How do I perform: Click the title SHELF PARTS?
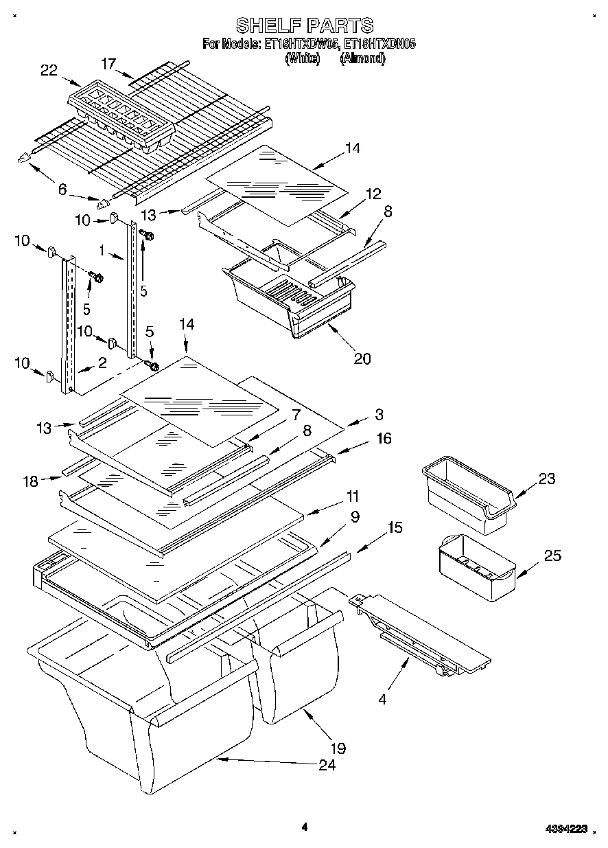(x=304, y=25)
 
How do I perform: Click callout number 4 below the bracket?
(x=382, y=701)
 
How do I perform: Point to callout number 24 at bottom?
(x=327, y=765)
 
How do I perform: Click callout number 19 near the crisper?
(x=338, y=748)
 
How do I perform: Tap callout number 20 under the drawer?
(x=362, y=358)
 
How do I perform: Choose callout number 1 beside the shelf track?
(x=102, y=252)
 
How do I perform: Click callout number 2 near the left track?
(x=102, y=363)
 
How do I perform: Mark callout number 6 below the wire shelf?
(x=62, y=190)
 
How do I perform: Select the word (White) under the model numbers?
(x=302, y=58)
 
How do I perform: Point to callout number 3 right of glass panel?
(x=379, y=414)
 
